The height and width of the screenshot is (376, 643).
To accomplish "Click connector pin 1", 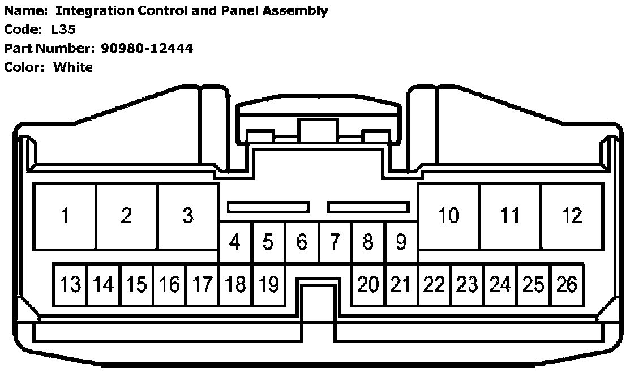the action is tap(66, 216).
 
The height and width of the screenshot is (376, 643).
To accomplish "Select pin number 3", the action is tap(188, 216).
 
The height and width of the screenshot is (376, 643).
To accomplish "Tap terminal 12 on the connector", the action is tap(572, 216).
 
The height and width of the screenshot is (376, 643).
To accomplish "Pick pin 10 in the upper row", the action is tap(448, 216).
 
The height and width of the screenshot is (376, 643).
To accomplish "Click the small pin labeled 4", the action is tap(235, 242).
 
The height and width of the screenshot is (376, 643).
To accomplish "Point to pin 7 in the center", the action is tap(335, 242).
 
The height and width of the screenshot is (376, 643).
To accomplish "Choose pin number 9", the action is tap(401, 242).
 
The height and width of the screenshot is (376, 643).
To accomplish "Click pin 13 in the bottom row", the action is tap(70, 284).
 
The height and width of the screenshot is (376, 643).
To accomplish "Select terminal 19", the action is tap(268, 284).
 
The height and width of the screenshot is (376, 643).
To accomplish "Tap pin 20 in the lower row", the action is tap(368, 284).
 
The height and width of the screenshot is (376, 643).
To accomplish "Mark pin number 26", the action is tap(567, 284).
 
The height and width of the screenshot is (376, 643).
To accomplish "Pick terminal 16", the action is tap(169, 284).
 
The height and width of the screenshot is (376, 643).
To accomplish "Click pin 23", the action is tap(468, 284).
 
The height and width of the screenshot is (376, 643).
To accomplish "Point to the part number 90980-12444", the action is tap(147, 48).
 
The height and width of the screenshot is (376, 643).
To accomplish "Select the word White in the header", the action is tap(72, 67).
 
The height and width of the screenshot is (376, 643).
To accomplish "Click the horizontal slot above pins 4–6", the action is tap(268, 207).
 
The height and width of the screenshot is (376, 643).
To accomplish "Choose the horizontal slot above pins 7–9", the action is tap(368, 207).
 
